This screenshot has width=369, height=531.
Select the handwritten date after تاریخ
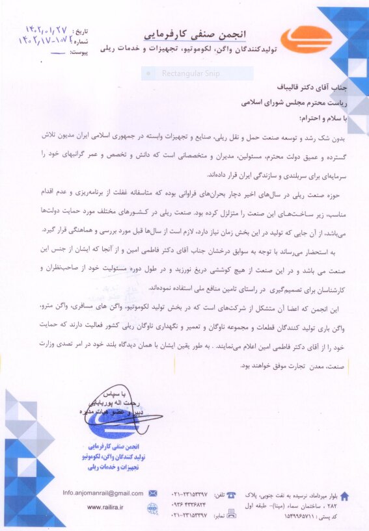tap(46, 30)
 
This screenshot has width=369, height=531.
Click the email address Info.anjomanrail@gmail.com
tap(103, 493)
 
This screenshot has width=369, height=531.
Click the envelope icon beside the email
tap(153, 493)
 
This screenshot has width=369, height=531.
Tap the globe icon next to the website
tap(152, 507)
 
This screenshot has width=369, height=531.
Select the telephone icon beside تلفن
tap(230, 494)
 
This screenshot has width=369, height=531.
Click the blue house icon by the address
tap(344, 496)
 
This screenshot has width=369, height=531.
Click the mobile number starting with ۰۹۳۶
tap(189, 505)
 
